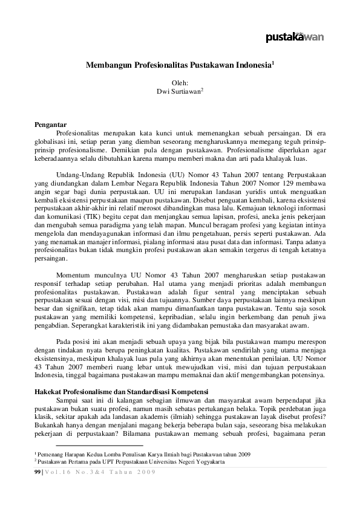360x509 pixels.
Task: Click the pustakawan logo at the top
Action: tap(295, 37)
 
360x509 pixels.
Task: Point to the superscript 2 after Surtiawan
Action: tap(202, 89)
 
